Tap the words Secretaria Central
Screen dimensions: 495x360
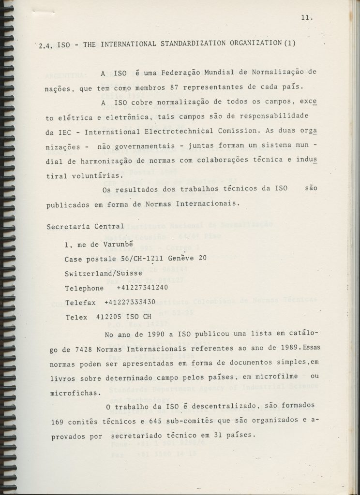pos(85,226)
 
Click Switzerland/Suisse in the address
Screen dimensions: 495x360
pos(103,274)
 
